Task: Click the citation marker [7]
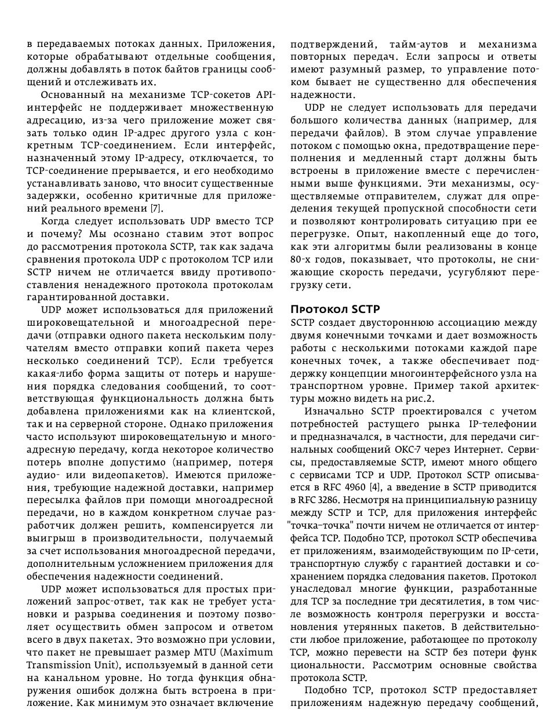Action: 157,208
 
